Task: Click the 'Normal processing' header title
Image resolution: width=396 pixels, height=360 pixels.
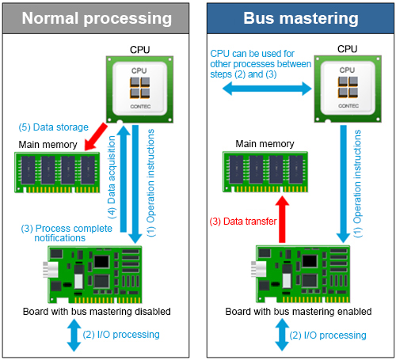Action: point(97,18)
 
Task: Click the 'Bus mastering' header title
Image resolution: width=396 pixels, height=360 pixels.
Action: point(301,18)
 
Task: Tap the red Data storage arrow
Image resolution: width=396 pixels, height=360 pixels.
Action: point(96,137)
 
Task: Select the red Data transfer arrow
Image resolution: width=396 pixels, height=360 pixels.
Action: point(282,219)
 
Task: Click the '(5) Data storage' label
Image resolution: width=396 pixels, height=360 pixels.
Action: point(53,127)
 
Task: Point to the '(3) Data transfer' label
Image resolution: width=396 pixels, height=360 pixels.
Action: point(243,221)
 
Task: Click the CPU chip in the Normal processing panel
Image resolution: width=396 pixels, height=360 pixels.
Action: point(139,89)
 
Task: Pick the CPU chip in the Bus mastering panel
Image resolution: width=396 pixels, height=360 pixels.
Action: point(348,89)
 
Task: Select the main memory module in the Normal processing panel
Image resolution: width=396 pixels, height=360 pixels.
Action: point(57,172)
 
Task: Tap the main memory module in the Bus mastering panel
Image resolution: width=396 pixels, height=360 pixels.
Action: point(265,172)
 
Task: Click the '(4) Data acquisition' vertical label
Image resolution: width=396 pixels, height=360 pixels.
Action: point(112,177)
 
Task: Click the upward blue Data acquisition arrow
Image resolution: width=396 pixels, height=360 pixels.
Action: point(124,179)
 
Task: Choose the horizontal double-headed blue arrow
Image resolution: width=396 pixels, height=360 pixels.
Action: point(267,89)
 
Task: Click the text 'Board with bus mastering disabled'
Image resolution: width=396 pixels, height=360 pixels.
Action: point(97,312)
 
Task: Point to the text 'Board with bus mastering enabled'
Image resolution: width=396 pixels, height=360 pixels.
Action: point(299,312)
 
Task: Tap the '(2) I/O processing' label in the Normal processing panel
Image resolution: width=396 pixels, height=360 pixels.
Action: point(121,335)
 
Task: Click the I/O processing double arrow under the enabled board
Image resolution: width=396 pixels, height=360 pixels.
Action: point(282,335)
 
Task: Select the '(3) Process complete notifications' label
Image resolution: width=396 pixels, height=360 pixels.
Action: point(67,233)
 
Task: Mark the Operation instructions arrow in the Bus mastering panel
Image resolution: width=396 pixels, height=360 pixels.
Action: point(343,184)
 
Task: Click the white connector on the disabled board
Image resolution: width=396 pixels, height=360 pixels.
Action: point(50,270)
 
